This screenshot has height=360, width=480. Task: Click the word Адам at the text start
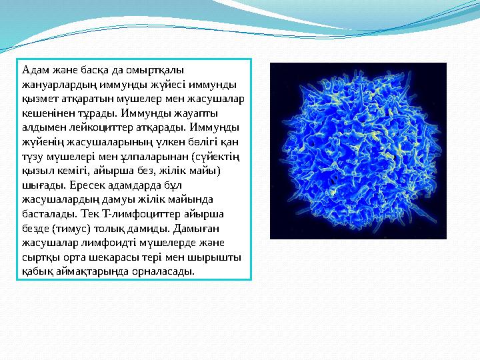(x=33, y=69)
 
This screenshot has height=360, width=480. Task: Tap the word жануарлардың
(x=57, y=83)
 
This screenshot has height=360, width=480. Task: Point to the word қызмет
(x=37, y=98)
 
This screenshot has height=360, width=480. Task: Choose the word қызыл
(x=37, y=170)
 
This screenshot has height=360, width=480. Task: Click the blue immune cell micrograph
(x=357, y=151)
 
